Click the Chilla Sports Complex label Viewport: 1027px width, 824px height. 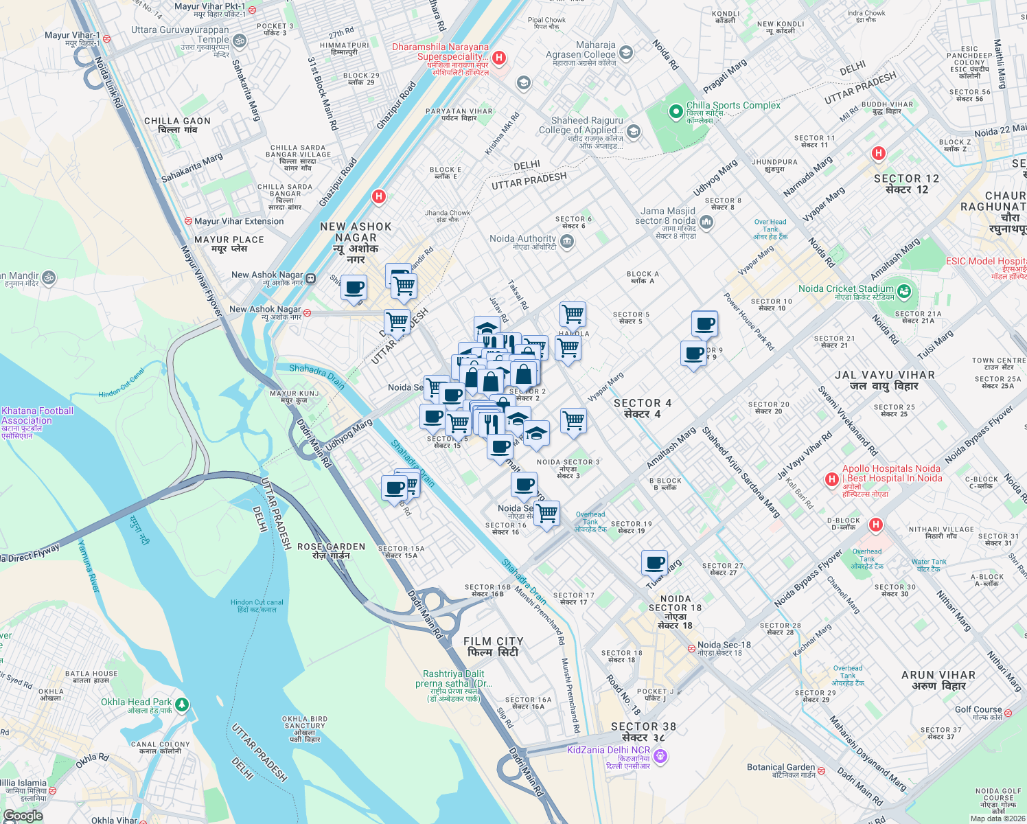[x=733, y=106]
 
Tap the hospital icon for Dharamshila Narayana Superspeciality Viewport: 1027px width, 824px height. [x=499, y=58]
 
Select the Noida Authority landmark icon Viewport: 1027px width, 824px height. [x=566, y=240]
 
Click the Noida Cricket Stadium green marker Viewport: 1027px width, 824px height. [x=903, y=291]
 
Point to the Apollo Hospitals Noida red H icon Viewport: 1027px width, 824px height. [x=832, y=478]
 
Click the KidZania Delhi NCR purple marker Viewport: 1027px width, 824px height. [x=660, y=757]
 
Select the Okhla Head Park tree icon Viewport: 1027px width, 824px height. [x=181, y=704]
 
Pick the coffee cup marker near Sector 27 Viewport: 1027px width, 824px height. [x=655, y=563]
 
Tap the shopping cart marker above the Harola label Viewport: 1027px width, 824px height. [x=573, y=314]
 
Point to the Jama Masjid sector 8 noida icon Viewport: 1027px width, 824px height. [x=706, y=221]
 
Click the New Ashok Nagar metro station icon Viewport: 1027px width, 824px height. [x=311, y=278]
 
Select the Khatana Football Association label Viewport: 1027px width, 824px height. [x=37, y=415]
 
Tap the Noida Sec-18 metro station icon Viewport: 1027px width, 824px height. [x=691, y=648]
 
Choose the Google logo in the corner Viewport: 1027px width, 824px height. [x=23, y=816]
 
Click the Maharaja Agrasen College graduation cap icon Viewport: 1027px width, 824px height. [x=625, y=52]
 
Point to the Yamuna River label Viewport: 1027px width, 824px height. [x=89, y=567]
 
